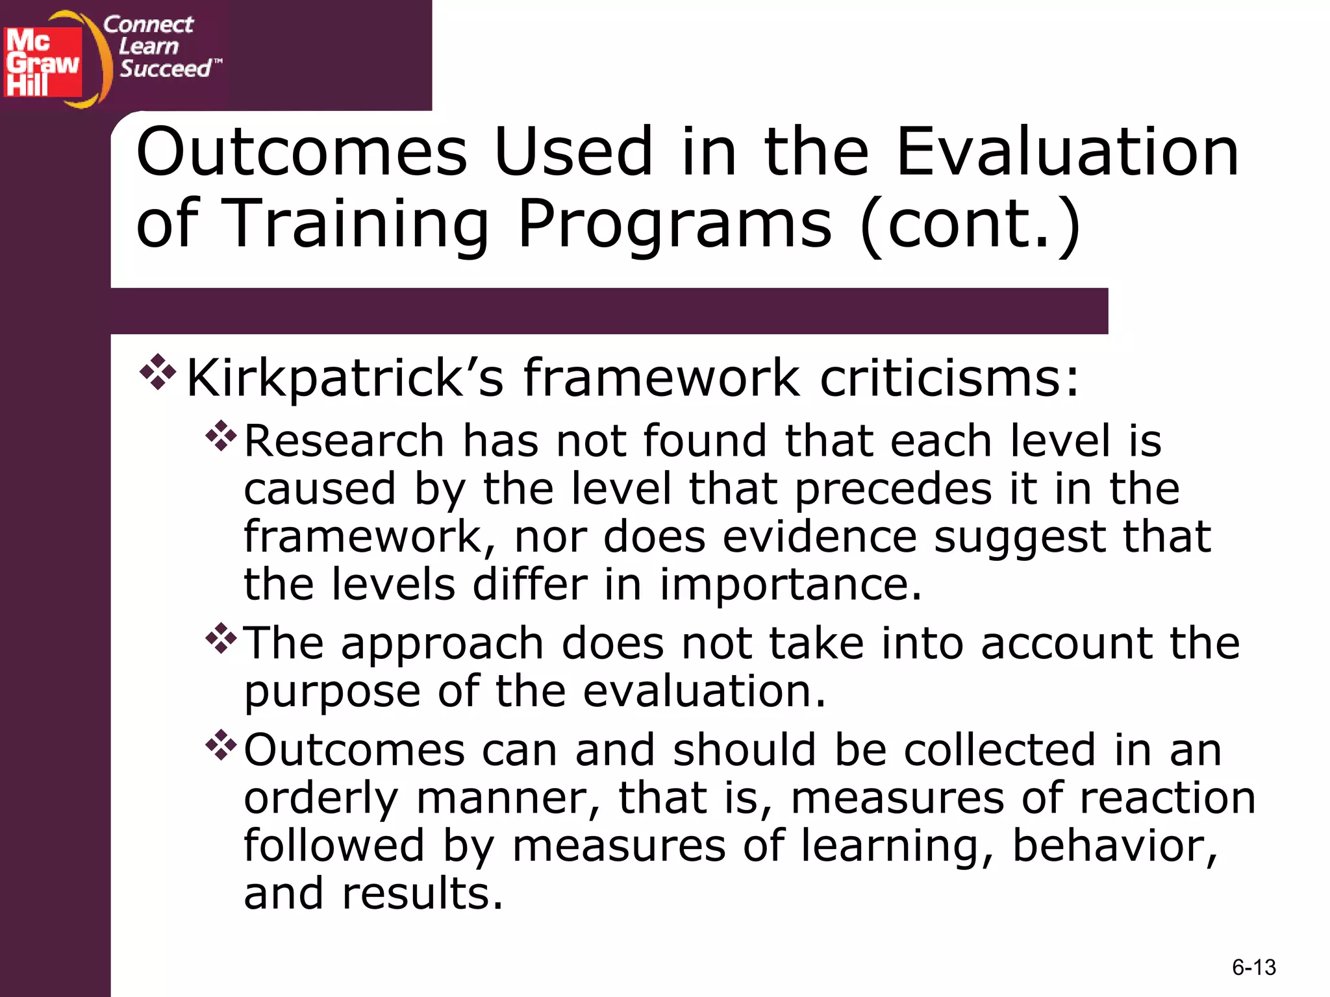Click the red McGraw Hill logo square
43,62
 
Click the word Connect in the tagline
148,25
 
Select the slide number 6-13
1253,967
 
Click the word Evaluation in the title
1068,152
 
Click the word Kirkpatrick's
344,378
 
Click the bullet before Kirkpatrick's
158,372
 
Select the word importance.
790,584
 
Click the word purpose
332,692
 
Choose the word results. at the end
422,894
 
